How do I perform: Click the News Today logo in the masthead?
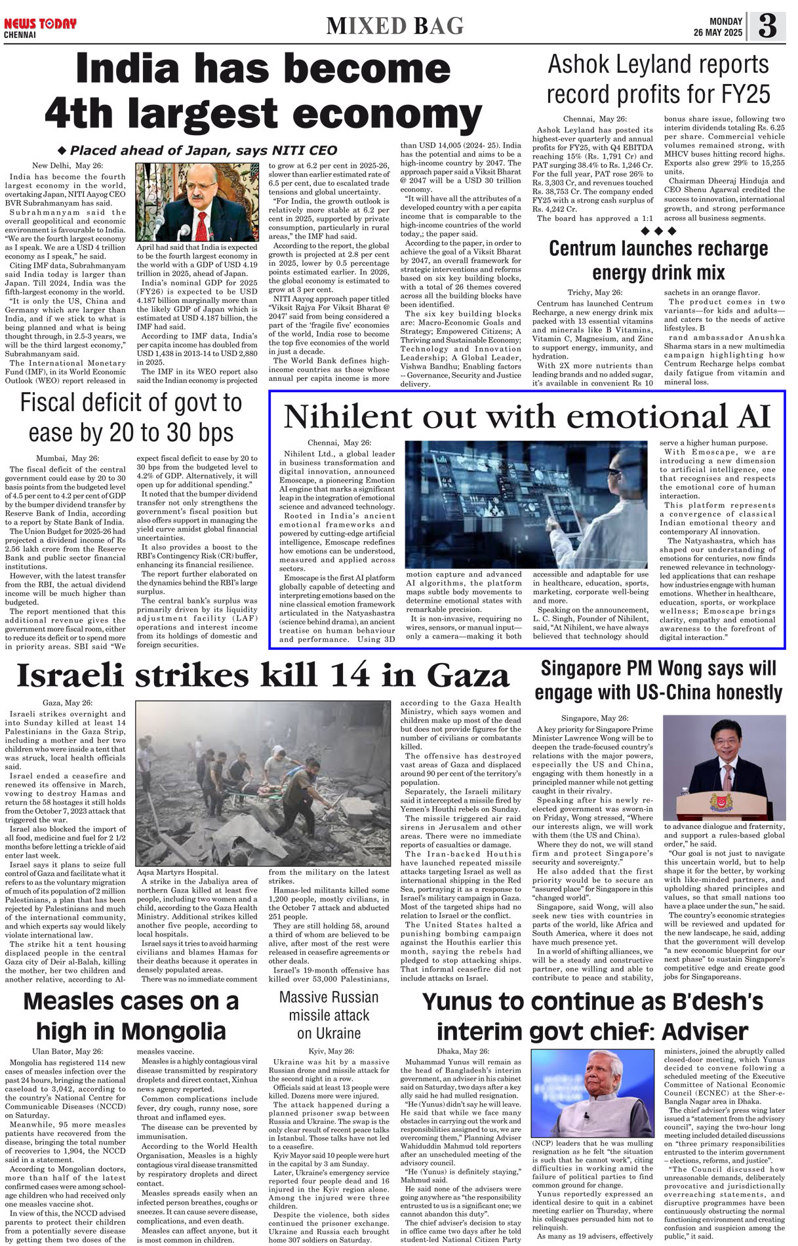tap(40, 24)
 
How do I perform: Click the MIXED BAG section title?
tap(395, 26)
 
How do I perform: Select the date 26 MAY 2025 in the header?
tap(718, 33)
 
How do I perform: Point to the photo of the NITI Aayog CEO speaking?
tap(197, 202)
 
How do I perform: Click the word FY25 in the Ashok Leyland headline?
tap(739, 94)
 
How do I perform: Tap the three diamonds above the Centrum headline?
tap(658, 231)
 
